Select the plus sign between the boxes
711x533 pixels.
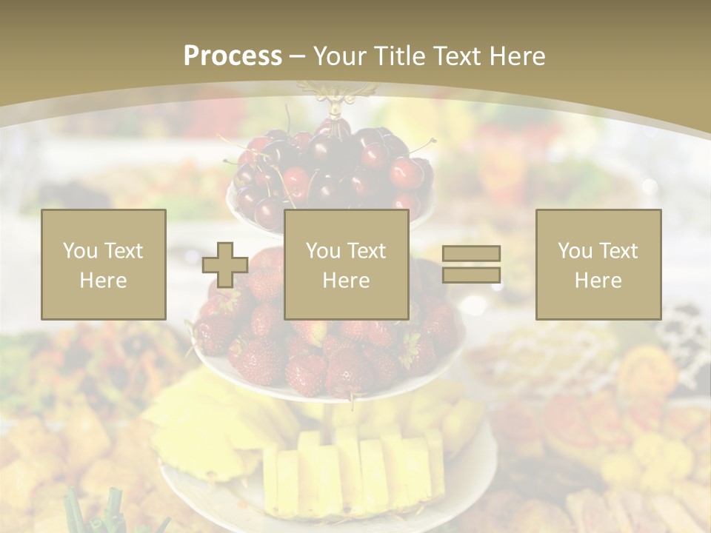(x=225, y=265)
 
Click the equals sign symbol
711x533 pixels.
(x=471, y=264)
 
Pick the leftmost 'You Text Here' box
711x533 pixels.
(x=104, y=265)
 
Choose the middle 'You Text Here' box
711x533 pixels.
(x=347, y=265)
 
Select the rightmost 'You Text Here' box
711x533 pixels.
(x=598, y=265)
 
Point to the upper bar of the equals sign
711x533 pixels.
(x=471, y=253)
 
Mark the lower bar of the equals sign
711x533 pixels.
(x=471, y=275)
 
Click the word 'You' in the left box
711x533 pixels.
(x=80, y=251)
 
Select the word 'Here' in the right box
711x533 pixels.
(x=598, y=281)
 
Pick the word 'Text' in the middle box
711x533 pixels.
(x=367, y=251)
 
